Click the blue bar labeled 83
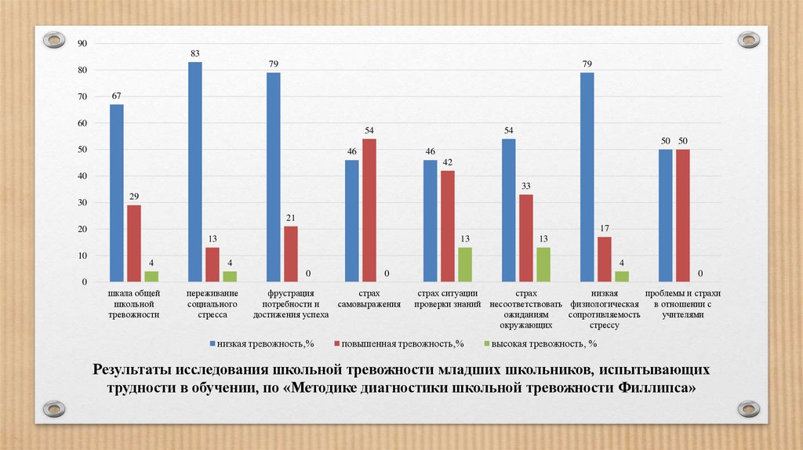[x=195, y=172]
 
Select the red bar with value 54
[x=369, y=210]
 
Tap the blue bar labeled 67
[x=117, y=193]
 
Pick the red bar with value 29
[x=134, y=243]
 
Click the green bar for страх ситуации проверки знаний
[x=465, y=264]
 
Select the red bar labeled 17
[x=605, y=259]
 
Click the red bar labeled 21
[x=291, y=254]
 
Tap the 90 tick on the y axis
[x=81, y=43]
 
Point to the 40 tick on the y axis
[x=81, y=176]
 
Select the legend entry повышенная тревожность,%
[x=398, y=343]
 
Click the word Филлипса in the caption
[x=657, y=388]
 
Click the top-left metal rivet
[x=54, y=38]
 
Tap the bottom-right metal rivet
[x=749, y=408]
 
